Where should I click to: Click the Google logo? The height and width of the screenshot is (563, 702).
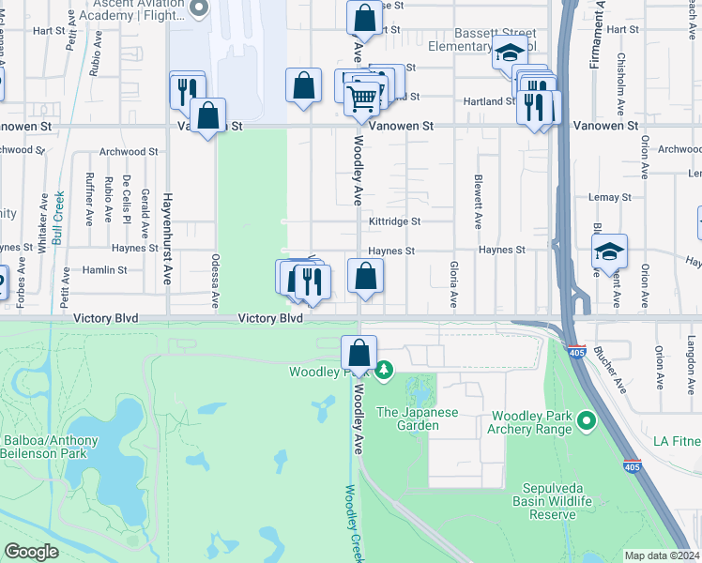pos(31,552)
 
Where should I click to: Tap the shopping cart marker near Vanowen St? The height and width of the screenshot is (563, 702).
pos(361,98)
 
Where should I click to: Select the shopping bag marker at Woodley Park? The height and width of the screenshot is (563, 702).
pos(359,355)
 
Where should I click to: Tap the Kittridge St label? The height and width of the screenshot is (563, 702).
pos(394,221)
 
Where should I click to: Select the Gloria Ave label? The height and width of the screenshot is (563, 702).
pos(452,284)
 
